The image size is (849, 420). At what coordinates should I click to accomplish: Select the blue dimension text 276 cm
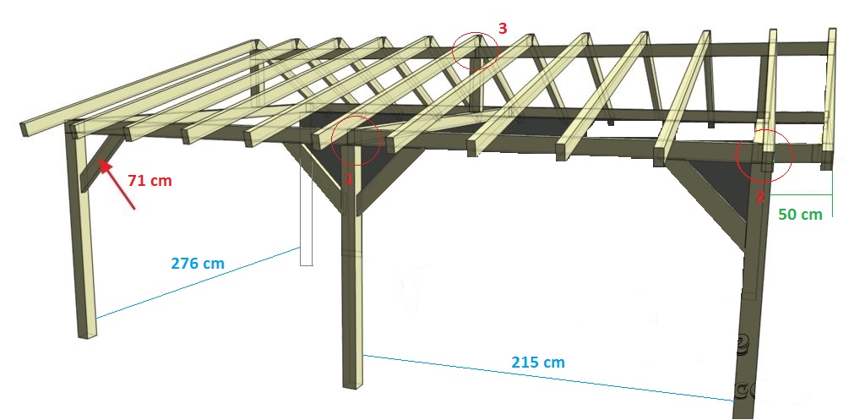pos(198,263)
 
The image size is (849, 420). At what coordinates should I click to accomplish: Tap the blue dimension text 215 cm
pos(537,363)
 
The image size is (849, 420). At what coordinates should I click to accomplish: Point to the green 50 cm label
pos(799,215)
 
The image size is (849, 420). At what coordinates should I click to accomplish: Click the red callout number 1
pos(348,180)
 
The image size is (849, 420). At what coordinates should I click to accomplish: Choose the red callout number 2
pos(759,196)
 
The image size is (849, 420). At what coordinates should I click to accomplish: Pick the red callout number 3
pos(503,28)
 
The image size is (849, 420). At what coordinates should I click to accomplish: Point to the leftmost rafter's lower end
pos(27,128)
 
